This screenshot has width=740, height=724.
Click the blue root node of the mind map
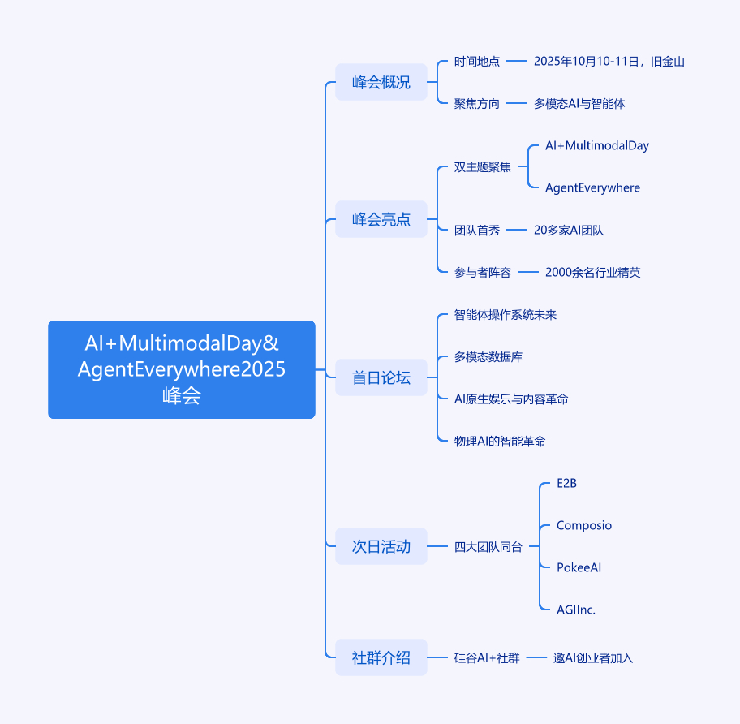[x=182, y=369]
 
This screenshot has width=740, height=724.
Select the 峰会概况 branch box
[x=381, y=82]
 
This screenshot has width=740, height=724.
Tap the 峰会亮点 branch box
[x=381, y=219]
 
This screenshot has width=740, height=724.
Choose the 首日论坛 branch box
[x=381, y=377]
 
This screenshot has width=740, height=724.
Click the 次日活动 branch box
[x=381, y=546]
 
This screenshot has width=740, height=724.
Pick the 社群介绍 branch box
[x=381, y=657]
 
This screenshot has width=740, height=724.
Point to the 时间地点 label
[x=476, y=62]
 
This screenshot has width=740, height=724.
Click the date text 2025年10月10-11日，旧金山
[x=609, y=62]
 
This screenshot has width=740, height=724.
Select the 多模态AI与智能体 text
[x=579, y=104]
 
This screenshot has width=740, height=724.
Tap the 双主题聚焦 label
[x=482, y=167]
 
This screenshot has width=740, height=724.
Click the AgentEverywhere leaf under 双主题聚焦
[x=593, y=187]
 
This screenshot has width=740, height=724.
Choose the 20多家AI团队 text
[x=569, y=231]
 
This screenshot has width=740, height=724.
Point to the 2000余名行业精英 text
[x=593, y=273]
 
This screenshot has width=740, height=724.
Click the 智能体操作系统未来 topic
[x=506, y=315]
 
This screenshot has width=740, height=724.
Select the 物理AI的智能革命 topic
[x=500, y=442]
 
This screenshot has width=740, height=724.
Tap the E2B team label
[x=567, y=483]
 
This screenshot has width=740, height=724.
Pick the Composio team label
[x=584, y=525]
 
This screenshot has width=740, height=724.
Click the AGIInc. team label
[x=576, y=610]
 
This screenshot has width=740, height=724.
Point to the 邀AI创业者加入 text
[x=593, y=658]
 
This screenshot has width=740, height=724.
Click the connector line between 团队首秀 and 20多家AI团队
[x=517, y=230]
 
